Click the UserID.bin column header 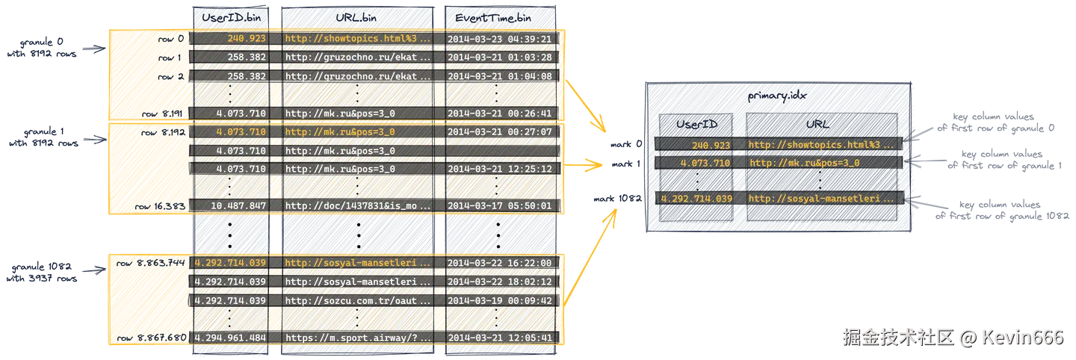coord(229,16)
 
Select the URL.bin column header coord(357,16)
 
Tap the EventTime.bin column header coord(499,16)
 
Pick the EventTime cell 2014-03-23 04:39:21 coord(499,39)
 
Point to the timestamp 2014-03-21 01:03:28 coord(499,58)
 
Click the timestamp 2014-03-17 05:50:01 coord(499,206)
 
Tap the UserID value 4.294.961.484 coord(230,338)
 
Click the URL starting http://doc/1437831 coord(358,206)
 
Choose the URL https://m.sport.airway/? coord(358,338)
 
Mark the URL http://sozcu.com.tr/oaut coord(358,300)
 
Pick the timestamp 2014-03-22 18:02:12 coord(499,282)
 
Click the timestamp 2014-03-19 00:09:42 coord(499,300)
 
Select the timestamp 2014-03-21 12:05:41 coord(499,338)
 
